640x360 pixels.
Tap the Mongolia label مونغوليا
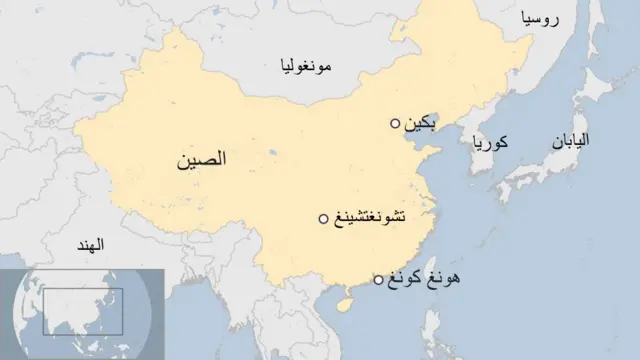[x=306, y=67]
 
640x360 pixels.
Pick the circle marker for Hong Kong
[x=377, y=280]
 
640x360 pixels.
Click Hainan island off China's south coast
[x=346, y=297]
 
